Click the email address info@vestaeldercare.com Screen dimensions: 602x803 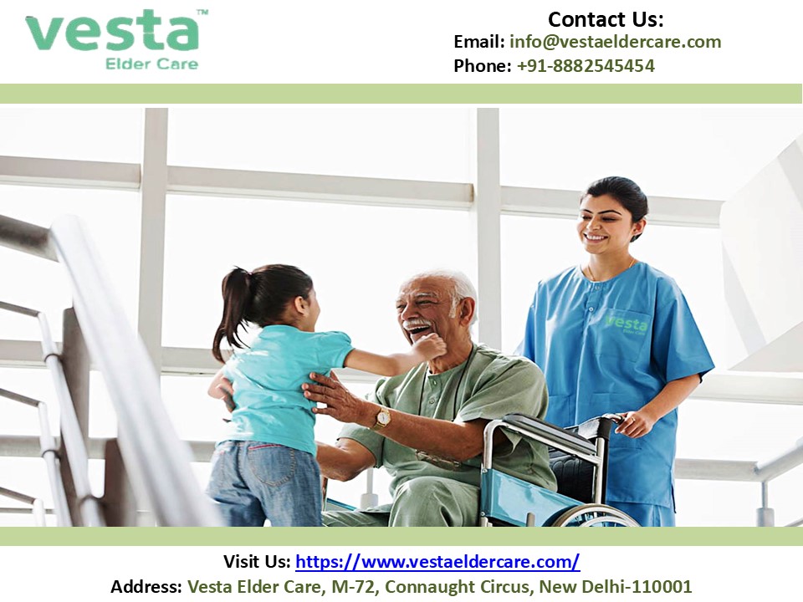(615, 42)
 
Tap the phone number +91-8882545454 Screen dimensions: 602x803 (586, 66)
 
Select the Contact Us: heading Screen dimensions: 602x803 (606, 18)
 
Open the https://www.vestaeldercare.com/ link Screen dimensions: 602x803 (437, 562)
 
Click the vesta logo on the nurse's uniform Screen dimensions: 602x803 (627, 323)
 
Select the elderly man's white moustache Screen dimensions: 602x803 (417, 324)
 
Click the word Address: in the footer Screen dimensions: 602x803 (146, 587)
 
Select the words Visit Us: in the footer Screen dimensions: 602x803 (257, 562)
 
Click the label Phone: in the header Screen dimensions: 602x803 (482, 66)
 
